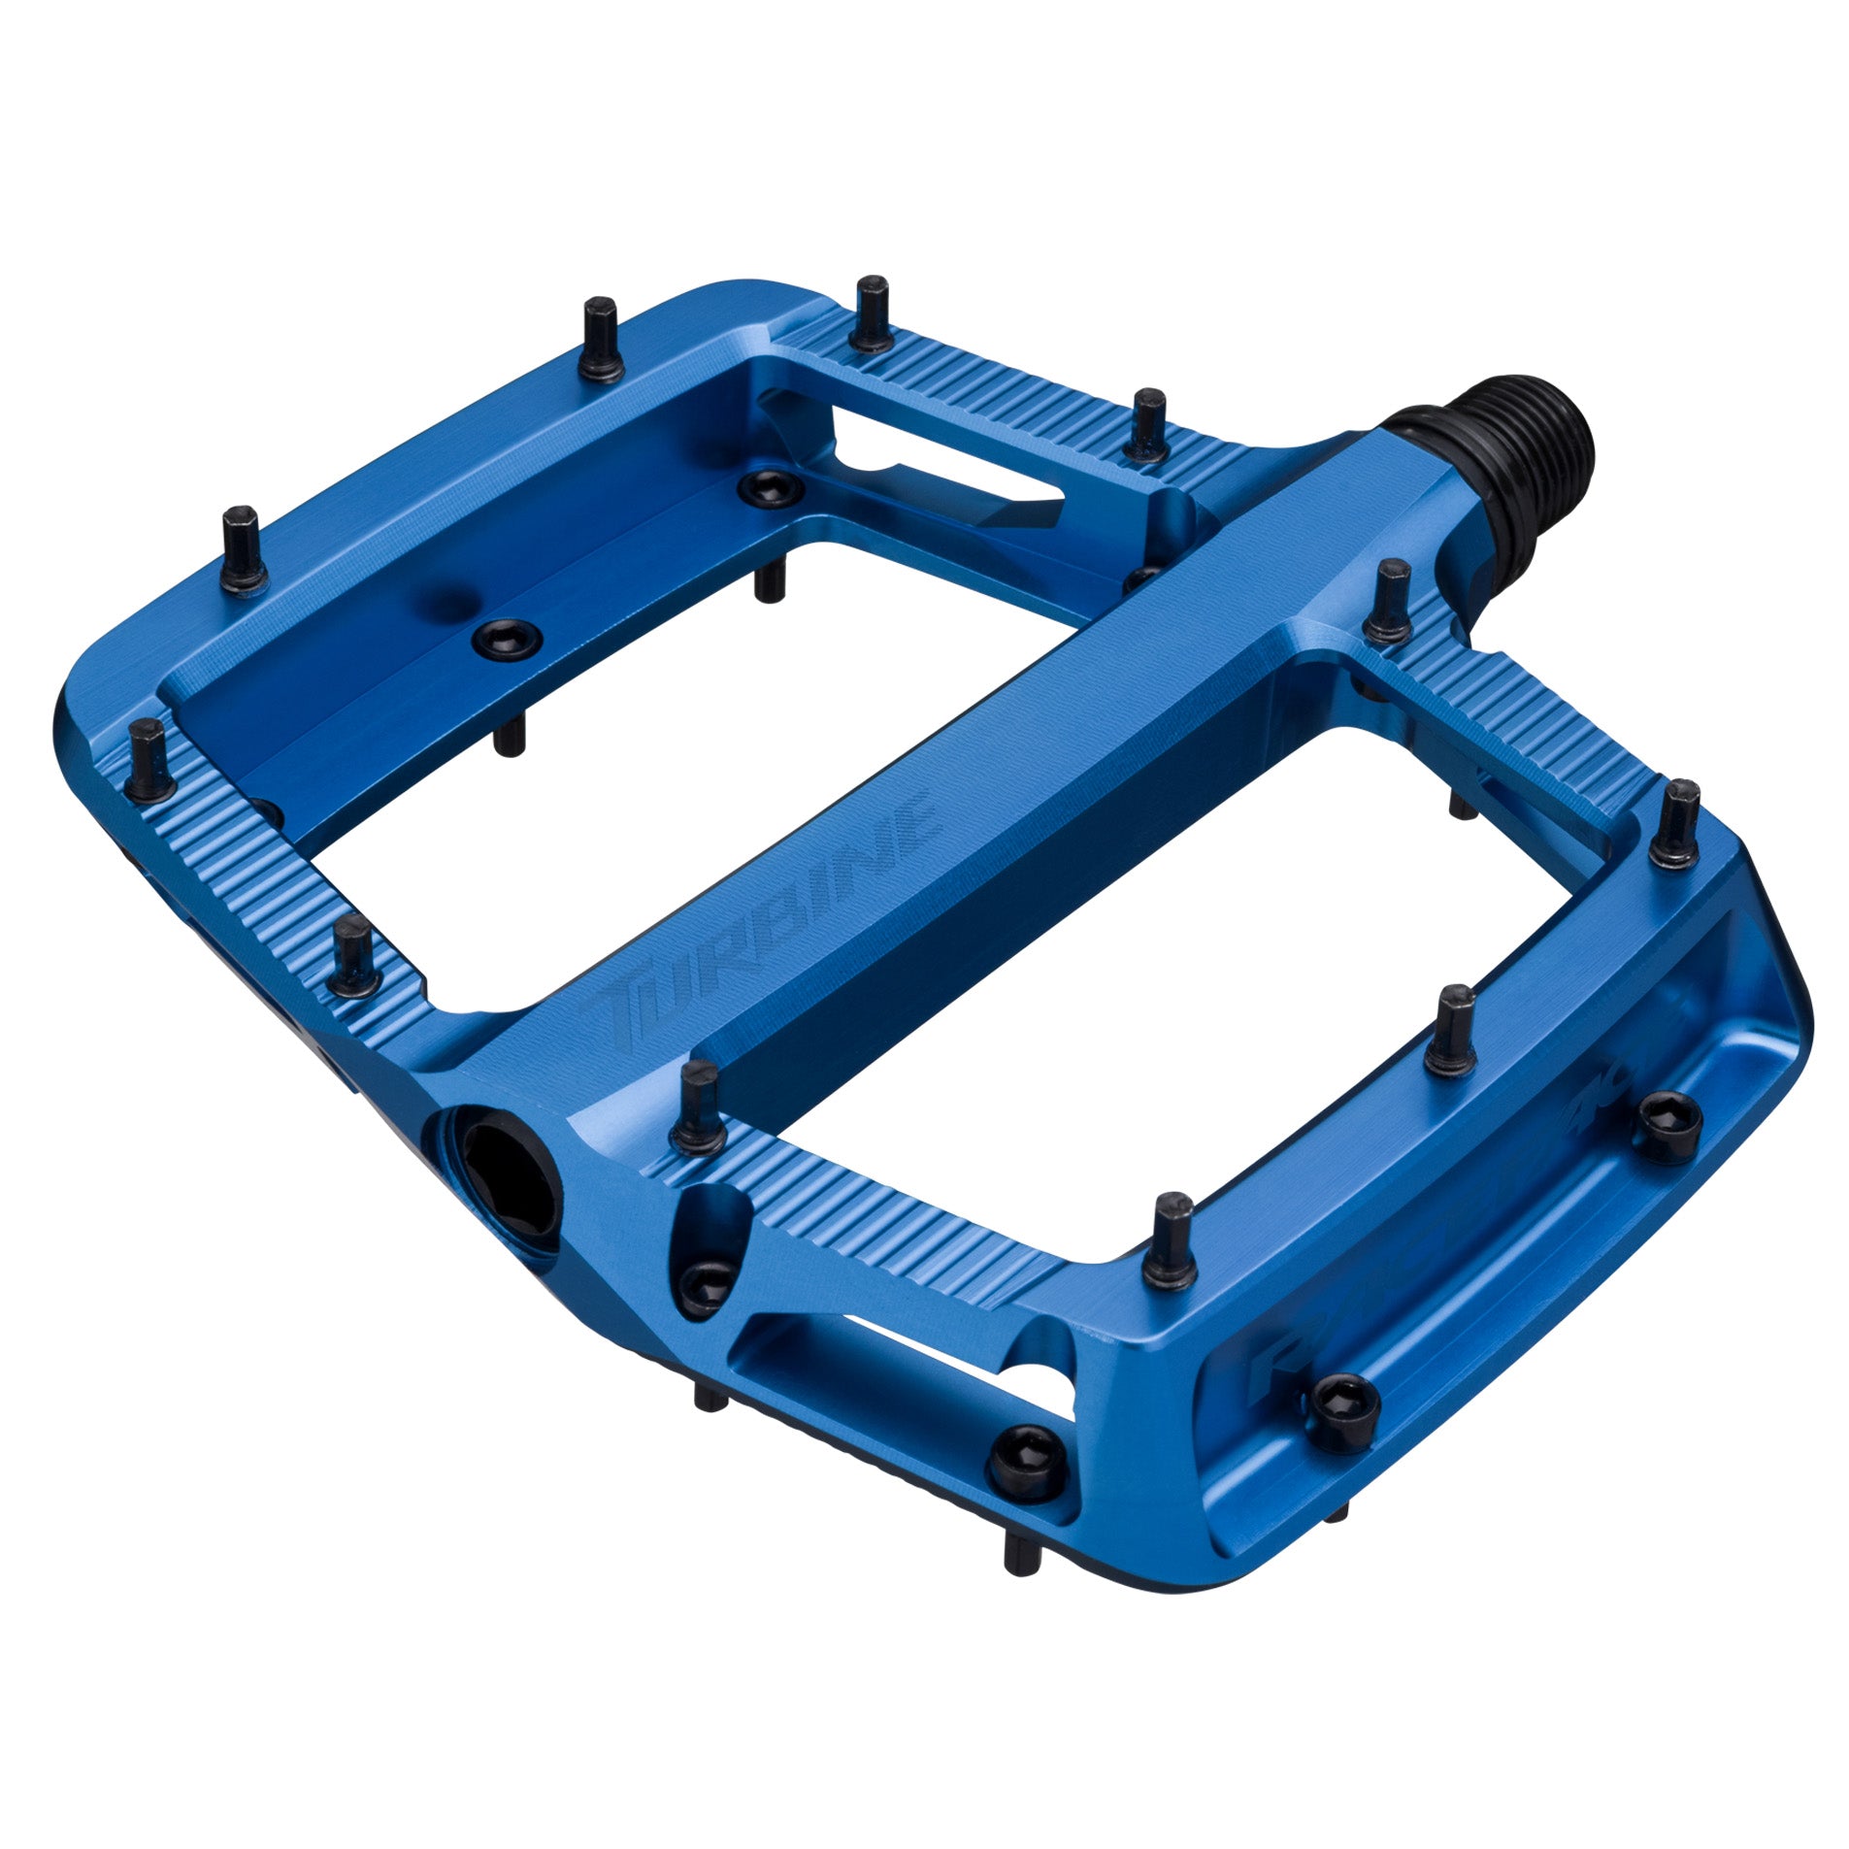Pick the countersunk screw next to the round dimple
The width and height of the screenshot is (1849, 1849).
503,637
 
